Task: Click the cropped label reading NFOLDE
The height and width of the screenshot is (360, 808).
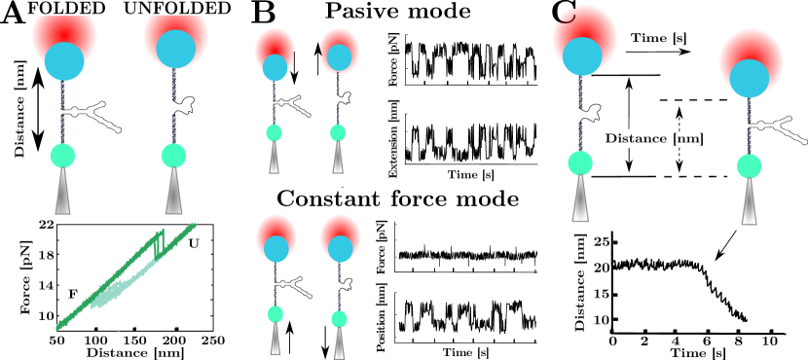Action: [x=177, y=9]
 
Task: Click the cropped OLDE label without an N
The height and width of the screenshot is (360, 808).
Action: [x=64, y=9]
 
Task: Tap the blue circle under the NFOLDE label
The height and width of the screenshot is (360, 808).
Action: [x=175, y=49]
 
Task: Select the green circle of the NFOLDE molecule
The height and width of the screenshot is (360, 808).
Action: [x=173, y=156]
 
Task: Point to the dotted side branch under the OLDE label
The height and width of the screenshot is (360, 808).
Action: [x=97, y=115]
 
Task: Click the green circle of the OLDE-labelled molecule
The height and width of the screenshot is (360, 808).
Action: [x=62, y=156]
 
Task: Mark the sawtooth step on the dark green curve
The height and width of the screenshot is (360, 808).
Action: [x=159, y=242]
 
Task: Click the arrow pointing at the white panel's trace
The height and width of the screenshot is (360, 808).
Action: [x=723, y=249]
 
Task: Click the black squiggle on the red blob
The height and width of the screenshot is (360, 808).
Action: [x=566, y=16]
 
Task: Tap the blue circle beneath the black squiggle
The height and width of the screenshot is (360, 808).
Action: [x=582, y=56]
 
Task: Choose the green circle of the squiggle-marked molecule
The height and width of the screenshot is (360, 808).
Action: [x=580, y=163]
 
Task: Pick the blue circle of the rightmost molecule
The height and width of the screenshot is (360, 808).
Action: [x=749, y=79]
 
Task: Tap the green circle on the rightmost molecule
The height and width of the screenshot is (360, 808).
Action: [x=749, y=166]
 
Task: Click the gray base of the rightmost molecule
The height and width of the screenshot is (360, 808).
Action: [x=749, y=204]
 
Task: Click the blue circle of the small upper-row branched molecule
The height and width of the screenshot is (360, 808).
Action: [x=275, y=67]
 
